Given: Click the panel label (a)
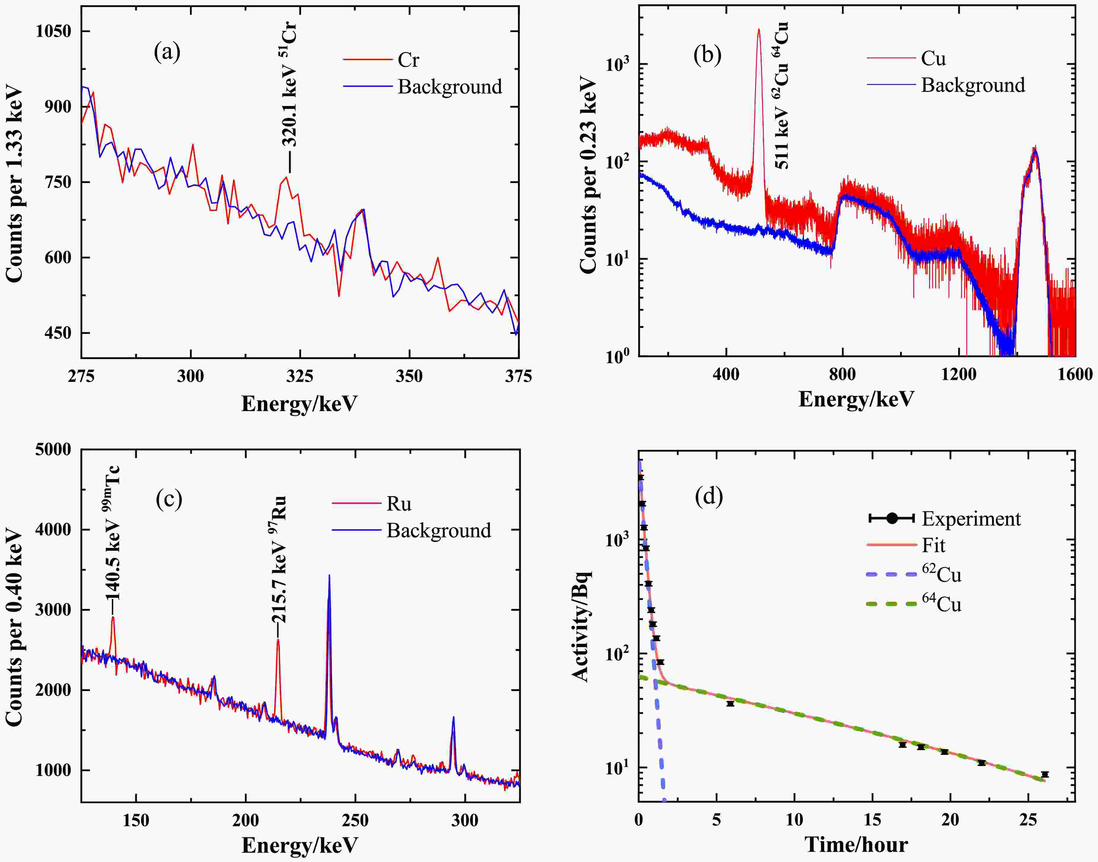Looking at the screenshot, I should (x=167, y=52).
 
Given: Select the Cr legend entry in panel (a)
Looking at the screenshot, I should (x=408, y=60).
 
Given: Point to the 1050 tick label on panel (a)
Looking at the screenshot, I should (x=53, y=31).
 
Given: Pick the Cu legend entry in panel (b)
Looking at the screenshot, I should (x=933, y=58).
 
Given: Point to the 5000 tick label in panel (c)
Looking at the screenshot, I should (x=53, y=450).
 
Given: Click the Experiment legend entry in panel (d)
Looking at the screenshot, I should (x=971, y=519).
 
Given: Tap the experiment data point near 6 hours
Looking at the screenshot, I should (x=730, y=704).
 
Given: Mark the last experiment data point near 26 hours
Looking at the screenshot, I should (x=1045, y=774).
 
